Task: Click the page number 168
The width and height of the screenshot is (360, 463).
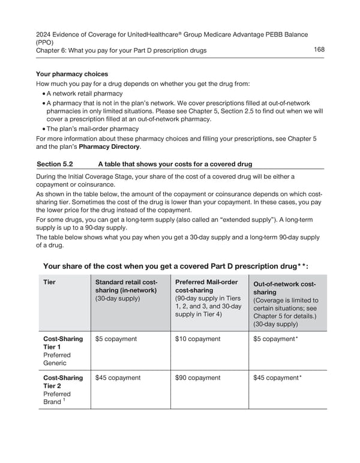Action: coord(319,49)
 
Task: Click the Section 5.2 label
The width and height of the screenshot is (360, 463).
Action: coord(55,164)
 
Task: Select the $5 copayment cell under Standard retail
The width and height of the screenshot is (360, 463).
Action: coord(116,339)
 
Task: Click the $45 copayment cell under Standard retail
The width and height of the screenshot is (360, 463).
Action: coord(118,378)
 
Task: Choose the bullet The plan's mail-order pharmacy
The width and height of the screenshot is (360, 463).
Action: coord(93,129)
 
